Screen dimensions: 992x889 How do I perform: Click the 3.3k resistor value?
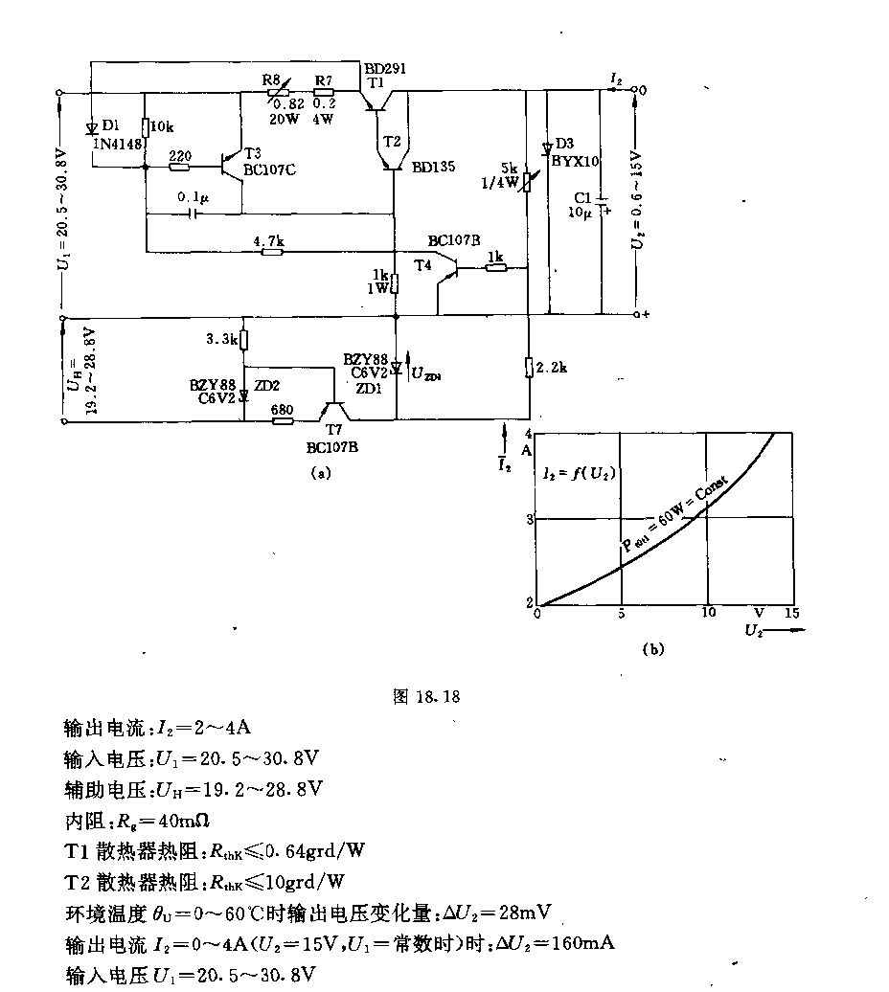click(x=222, y=339)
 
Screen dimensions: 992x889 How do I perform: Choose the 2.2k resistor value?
click(x=555, y=367)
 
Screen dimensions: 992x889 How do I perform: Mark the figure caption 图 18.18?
click(x=427, y=697)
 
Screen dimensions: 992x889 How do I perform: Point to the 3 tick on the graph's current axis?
click(x=528, y=518)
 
